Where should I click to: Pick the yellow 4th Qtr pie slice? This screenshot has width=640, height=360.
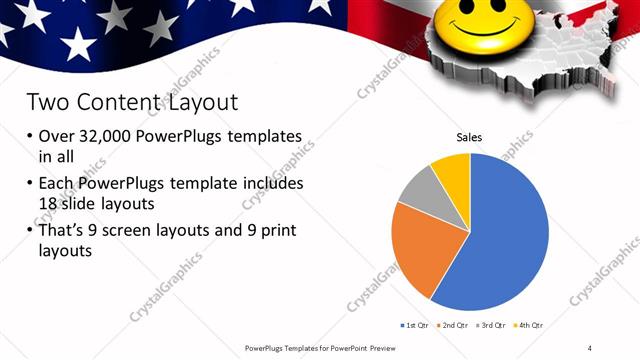click(x=453, y=173)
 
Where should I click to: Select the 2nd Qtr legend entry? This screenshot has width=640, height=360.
click(x=453, y=325)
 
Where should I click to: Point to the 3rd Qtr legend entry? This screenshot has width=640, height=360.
click(x=492, y=325)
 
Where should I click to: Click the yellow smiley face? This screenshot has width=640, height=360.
click(x=469, y=24)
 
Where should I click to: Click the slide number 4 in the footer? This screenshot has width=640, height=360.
click(x=589, y=347)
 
